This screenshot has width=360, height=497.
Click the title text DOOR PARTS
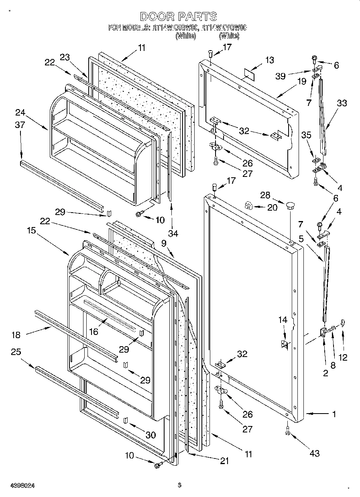coord(179,16)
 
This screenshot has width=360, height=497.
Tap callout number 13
coord(270,60)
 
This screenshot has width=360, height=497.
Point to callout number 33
coord(342,103)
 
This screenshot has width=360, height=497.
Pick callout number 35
coord(306,135)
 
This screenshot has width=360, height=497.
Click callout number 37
coord(20,125)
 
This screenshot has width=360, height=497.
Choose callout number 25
coord(16,352)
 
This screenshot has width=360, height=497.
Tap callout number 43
coord(315,453)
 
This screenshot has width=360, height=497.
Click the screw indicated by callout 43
coord(287,432)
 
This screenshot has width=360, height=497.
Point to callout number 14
coord(283,320)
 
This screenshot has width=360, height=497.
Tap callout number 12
coord(343,357)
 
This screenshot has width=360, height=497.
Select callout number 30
coord(151,435)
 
